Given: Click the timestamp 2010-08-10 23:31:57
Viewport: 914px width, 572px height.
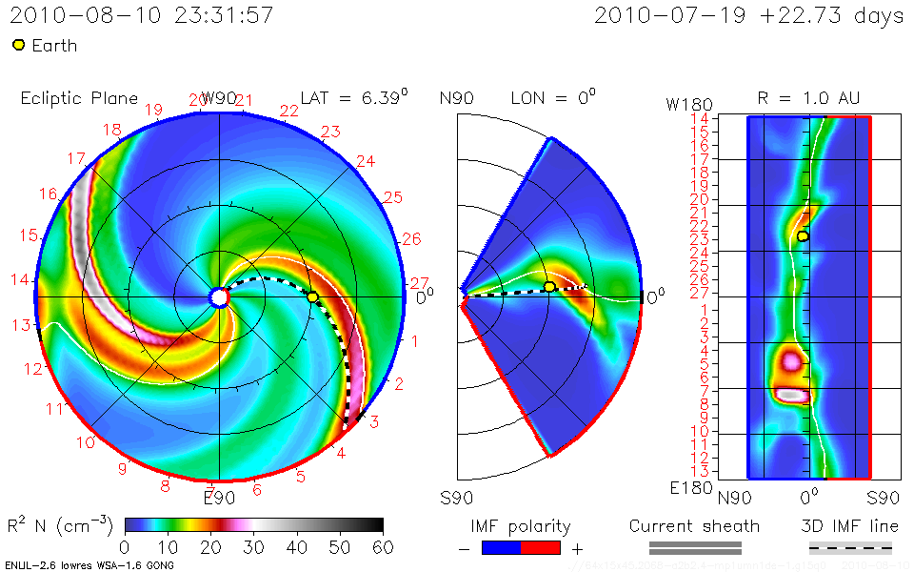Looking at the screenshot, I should point(144,15).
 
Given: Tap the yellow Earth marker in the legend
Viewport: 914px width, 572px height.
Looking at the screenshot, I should point(19,45).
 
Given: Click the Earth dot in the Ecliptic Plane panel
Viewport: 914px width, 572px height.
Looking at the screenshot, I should point(312,297).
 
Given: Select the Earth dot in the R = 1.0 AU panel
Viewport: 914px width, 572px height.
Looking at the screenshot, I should point(803,235).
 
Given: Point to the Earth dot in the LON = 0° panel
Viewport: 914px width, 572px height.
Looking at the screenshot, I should point(549,287).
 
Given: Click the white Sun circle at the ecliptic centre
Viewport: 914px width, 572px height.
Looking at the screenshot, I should point(219,297).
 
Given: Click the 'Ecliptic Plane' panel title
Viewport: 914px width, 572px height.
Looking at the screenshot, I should point(79,98).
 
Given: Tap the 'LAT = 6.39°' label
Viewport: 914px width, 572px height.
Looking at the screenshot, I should point(354,98).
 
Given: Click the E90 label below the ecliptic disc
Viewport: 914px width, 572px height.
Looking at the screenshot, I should point(219,496).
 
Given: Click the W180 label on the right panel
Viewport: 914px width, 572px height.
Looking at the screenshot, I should point(685,104).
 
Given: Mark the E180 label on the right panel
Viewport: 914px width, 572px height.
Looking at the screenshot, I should point(685,488).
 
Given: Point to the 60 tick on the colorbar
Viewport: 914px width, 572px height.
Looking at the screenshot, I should point(383,546).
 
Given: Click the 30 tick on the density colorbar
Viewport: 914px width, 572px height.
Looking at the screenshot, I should point(253,546).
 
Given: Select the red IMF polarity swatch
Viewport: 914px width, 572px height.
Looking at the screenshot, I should point(541,548).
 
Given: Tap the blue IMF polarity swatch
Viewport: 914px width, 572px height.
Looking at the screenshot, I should point(503,548).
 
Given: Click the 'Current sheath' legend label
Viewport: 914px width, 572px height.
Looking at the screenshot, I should point(694,526).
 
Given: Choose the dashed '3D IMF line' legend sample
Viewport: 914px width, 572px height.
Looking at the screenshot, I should point(850,548).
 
